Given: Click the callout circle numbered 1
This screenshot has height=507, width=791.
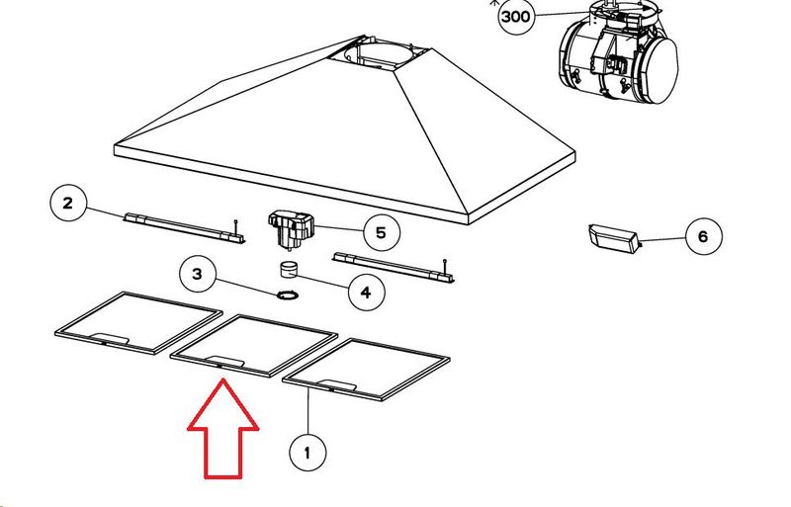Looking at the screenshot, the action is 308,453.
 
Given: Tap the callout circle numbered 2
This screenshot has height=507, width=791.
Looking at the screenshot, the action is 68,203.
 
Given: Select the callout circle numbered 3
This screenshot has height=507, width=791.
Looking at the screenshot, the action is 198,274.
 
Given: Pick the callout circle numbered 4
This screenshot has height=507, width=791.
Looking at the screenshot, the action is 366,293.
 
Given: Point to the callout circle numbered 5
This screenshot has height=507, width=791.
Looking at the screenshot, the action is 382,232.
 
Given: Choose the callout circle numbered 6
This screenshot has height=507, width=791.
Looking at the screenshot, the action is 704,236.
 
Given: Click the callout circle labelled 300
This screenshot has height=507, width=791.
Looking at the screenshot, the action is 516,17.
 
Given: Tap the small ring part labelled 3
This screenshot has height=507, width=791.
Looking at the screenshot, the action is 288,296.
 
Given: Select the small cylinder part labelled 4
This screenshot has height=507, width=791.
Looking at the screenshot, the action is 289,270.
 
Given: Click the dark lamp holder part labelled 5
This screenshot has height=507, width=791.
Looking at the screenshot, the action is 290,230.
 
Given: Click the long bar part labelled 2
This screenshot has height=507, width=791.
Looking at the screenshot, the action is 185,228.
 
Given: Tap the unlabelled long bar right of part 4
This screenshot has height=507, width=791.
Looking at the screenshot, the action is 394,268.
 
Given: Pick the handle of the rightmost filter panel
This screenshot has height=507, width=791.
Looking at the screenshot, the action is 338,384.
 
